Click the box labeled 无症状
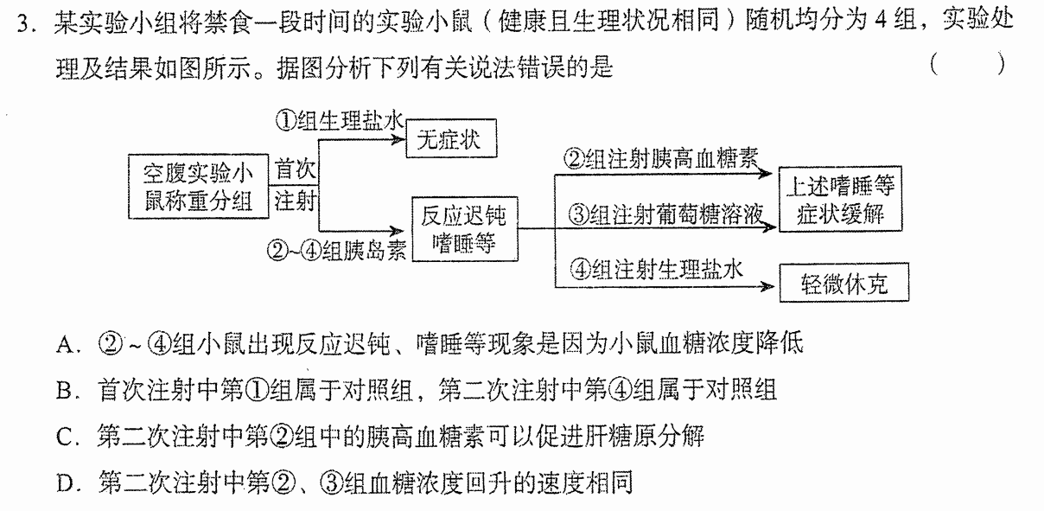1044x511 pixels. pyautogui.click(x=451, y=138)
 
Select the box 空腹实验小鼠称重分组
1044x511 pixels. pyautogui.click(x=199, y=187)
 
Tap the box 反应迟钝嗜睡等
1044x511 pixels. pyautogui.click(x=465, y=229)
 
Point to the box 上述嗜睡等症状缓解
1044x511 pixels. pyautogui.click(x=840, y=199)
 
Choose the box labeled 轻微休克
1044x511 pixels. pyautogui.click(x=844, y=283)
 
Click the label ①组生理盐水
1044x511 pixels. pyautogui.click(x=339, y=121)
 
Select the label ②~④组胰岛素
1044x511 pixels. pyautogui.click(x=336, y=251)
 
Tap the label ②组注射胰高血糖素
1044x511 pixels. pyautogui.click(x=661, y=159)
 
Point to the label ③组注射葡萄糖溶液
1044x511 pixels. pyautogui.click(x=665, y=214)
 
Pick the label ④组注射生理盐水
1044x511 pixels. pyautogui.click(x=656, y=270)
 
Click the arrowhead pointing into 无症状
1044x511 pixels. pyautogui.click(x=398, y=139)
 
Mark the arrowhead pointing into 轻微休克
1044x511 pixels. pyautogui.click(x=767, y=286)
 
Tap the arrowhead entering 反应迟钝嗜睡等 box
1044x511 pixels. pyautogui.click(x=397, y=230)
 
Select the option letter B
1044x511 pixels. pyautogui.click(x=64, y=391)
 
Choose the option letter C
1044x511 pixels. pyautogui.click(x=64, y=438)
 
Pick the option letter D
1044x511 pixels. pyautogui.click(x=64, y=483)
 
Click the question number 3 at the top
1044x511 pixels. pyautogui.click(x=23, y=22)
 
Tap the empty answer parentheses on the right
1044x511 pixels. pyautogui.click(x=968, y=64)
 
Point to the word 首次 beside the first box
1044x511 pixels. pyautogui.click(x=296, y=169)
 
